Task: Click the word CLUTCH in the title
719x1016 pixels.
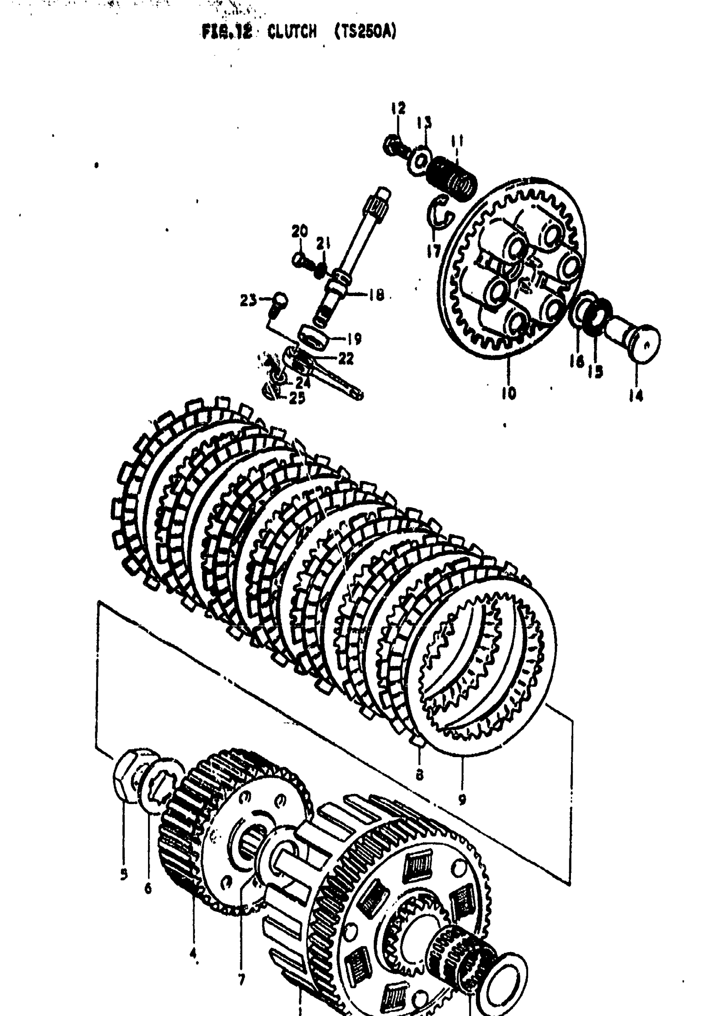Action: [292, 32]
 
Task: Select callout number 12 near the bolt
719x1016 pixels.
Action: [398, 108]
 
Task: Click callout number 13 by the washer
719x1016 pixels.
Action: [425, 123]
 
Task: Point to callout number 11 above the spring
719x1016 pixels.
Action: [457, 142]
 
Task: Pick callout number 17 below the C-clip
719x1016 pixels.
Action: [434, 250]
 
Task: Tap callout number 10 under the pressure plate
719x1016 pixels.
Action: [509, 393]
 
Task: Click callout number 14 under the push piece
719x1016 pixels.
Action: [636, 395]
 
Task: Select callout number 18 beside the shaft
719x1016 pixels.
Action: [376, 295]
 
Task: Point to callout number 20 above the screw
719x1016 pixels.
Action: [300, 231]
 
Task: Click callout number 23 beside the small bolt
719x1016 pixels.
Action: [248, 301]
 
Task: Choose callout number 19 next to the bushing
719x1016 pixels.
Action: [354, 339]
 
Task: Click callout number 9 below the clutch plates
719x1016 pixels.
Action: [462, 799]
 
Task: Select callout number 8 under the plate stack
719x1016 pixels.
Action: [419, 774]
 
